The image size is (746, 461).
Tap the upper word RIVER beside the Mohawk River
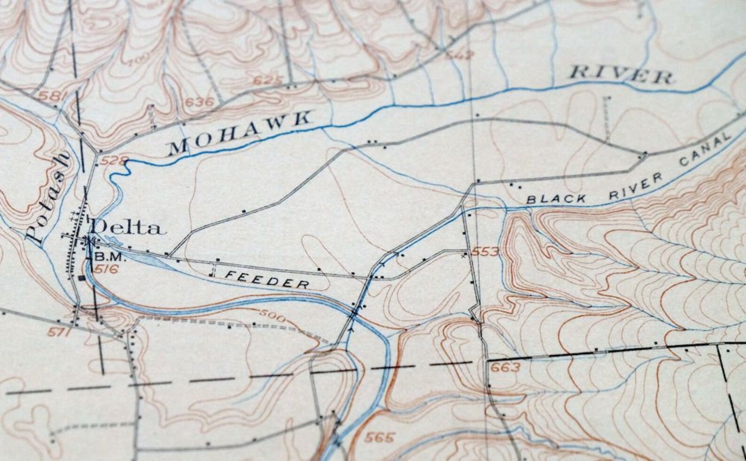click(x=621, y=75)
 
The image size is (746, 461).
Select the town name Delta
click(x=128, y=228)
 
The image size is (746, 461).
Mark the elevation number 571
click(x=59, y=333)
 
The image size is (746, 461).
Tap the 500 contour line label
click(x=272, y=318)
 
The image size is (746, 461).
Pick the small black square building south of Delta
click(x=82, y=278)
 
